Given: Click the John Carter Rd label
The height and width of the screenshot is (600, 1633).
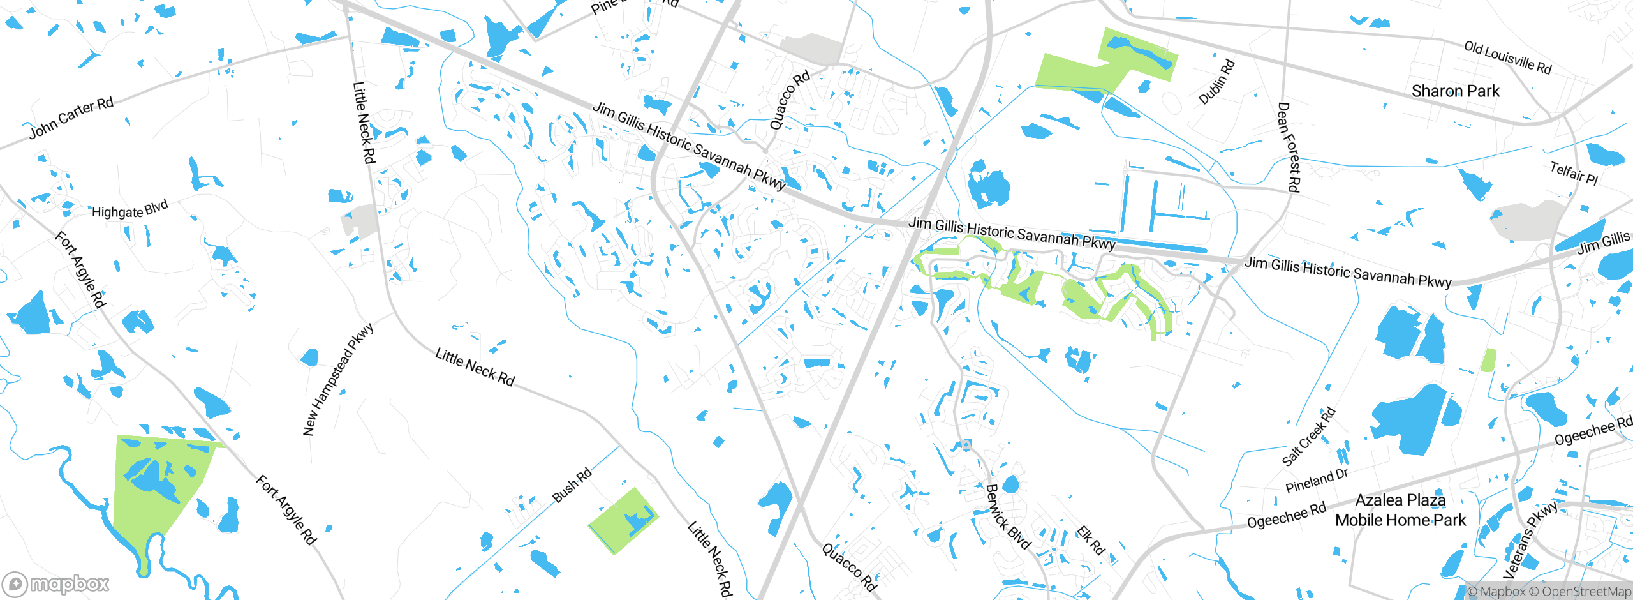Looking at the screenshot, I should [x=71, y=118].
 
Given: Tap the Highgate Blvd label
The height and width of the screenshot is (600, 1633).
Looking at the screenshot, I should [x=129, y=209].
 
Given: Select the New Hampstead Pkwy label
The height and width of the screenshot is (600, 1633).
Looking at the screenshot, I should [x=337, y=379].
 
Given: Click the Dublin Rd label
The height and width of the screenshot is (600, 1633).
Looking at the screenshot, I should [x=1216, y=82].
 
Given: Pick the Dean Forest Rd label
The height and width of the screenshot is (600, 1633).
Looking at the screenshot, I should [x=1289, y=147].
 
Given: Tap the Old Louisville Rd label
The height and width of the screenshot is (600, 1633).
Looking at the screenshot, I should [x=1507, y=57].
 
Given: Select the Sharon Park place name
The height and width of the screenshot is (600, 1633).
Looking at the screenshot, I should [x=1455, y=91].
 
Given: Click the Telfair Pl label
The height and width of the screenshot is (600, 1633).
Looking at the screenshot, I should [x=1574, y=173].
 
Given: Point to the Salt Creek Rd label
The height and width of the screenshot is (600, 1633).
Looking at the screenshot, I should [x=1308, y=436].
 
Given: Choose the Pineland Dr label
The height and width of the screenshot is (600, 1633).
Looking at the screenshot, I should [x=1317, y=481].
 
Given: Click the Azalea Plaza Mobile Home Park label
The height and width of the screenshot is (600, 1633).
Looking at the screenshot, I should [x=1400, y=510].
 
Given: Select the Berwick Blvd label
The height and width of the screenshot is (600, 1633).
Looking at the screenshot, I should [x=1008, y=516].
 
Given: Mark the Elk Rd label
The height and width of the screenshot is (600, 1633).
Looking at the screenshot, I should [x=1090, y=540].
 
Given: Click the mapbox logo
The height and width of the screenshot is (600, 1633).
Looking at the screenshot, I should [x=56, y=583].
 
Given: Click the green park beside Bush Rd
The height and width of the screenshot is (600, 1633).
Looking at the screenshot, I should [x=621, y=521].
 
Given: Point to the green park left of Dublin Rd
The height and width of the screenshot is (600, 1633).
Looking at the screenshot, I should [x=1097, y=64].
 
